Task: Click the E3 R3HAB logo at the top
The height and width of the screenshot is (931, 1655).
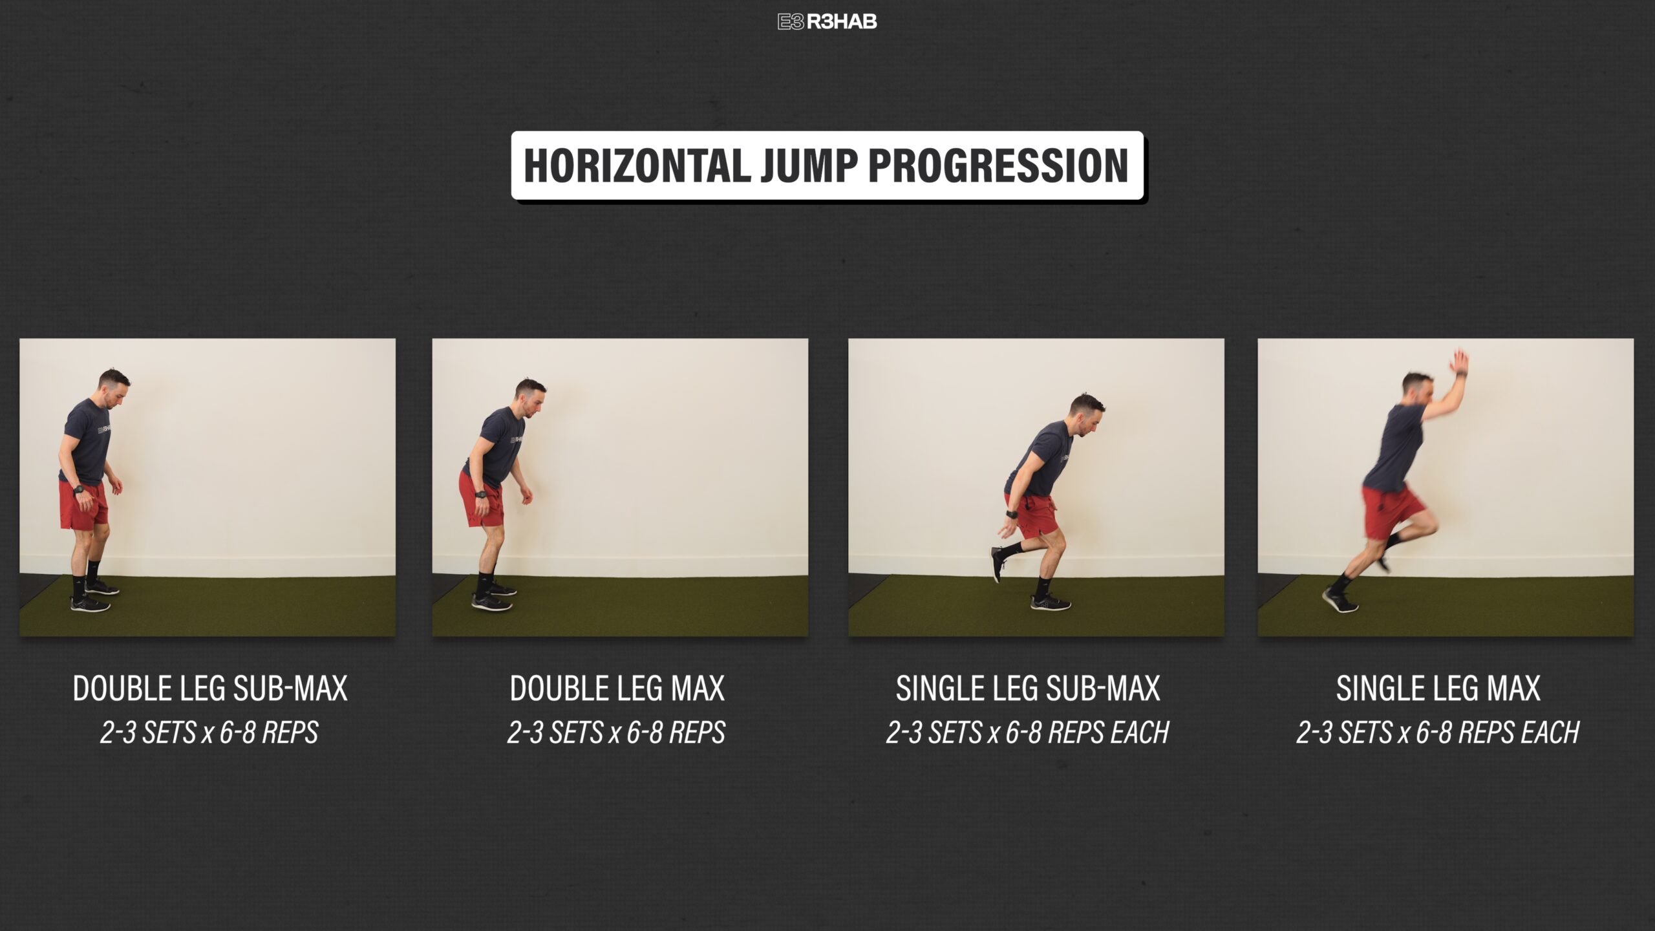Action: coord(827,22)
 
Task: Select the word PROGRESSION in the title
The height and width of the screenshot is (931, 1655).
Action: coord(998,166)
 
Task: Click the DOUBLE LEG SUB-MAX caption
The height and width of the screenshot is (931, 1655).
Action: coord(210,689)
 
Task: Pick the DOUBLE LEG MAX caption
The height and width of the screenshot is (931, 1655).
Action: coord(617,689)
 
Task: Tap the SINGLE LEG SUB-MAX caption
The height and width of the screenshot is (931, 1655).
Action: coord(1028,689)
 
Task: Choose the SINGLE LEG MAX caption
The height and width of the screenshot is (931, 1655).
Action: coord(1438,689)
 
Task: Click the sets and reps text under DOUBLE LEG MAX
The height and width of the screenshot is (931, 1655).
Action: coord(617,733)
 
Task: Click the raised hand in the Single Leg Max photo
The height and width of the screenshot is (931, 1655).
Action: coord(1458,362)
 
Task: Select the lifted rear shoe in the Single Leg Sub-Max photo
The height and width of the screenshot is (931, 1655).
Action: coord(998,564)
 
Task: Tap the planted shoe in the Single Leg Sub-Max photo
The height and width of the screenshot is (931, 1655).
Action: coord(1050,603)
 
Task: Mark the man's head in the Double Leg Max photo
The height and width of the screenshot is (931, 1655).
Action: coord(531,398)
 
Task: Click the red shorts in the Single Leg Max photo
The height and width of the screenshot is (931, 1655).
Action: coord(1390,511)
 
